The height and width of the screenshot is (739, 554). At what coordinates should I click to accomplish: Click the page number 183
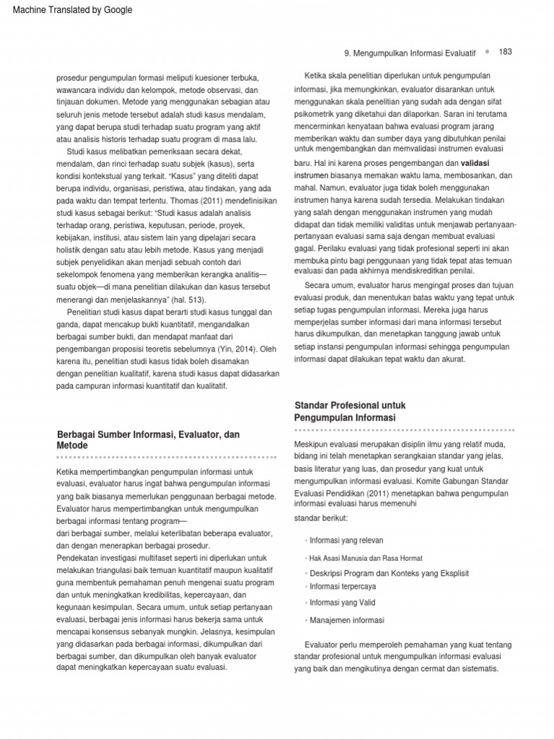click(505, 52)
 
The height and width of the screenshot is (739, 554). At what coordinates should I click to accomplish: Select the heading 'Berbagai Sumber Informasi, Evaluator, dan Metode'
click(148, 440)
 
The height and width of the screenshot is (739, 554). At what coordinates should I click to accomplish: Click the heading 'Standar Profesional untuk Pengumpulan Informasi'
click(346, 411)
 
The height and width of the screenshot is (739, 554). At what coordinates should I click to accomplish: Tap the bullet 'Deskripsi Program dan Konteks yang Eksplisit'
click(389, 573)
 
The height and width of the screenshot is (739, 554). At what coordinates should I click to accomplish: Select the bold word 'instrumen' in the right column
click(313, 175)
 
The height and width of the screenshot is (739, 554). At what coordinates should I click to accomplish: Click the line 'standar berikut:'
click(322, 517)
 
